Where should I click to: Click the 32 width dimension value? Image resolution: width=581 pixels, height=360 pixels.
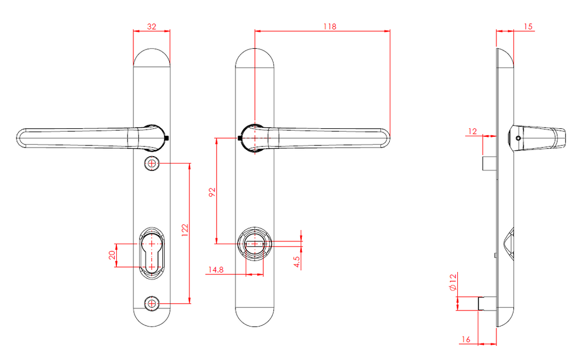(x=151, y=27)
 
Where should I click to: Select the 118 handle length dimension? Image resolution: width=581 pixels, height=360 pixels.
(x=330, y=27)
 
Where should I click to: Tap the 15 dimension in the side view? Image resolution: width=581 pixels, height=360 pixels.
(x=528, y=27)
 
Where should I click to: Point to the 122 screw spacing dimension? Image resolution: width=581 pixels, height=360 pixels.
(x=185, y=229)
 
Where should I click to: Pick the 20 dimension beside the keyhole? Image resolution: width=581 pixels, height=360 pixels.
(x=112, y=256)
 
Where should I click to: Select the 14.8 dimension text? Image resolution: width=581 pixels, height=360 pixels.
(x=215, y=270)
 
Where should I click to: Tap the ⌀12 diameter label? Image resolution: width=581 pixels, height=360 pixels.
(x=453, y=282)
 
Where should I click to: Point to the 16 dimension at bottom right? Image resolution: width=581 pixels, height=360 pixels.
(x=466, y=340)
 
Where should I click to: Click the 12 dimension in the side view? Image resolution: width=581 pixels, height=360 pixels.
(x=473, y=131)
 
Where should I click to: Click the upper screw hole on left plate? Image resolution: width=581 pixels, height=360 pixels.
(x=151, y=164)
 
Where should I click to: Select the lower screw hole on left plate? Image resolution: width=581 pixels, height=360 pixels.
(x=151, y=304)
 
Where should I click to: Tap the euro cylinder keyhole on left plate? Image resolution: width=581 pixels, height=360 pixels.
(x=151, y=254)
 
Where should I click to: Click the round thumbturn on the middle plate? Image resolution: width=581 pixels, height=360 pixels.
(x=255, y=244)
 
